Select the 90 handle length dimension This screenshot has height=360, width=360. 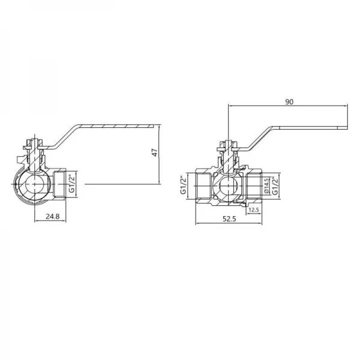[289, 102]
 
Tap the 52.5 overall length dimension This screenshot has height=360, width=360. [229, 219]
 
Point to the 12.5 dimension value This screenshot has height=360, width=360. [253, 209]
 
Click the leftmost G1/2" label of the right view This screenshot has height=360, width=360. [184, 185]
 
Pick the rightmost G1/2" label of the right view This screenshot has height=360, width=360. [276, 185]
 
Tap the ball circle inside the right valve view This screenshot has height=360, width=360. [229, 187]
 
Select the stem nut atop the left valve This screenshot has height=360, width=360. [34, 144]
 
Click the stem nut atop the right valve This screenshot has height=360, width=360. [229, 144]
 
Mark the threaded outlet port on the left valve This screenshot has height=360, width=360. [59, 184]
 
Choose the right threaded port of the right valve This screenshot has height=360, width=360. [255, 186]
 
